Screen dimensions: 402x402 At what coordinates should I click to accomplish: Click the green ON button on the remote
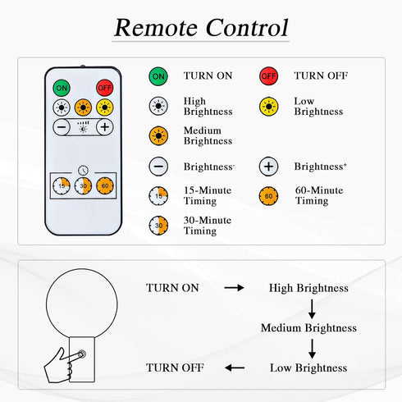(x=62, y=88)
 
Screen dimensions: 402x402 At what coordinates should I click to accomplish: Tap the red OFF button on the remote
(x=105, y=88)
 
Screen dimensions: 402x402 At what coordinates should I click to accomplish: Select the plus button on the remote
(x=105, y=127)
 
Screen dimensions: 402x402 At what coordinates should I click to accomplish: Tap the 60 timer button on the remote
(x=105, y=185)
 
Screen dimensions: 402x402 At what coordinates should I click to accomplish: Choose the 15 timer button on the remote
(x=62, y=185)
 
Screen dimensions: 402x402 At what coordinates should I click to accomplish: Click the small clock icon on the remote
(x=83, y=170)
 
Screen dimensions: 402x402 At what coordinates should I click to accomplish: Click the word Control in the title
(x=247, y=28)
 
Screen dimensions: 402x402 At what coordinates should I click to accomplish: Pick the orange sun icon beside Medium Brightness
(x=158, y=135)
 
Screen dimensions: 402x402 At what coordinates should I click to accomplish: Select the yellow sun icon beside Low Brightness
(x=268, y=107)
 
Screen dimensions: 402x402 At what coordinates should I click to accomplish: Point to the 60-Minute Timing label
(x=319, y=195)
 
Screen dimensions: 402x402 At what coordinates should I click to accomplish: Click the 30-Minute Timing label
(x=208, y=226)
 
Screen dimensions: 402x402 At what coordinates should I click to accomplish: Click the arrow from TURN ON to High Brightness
(x=234, y=288)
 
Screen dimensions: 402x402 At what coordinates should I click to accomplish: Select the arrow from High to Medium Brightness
(x=312, y=308)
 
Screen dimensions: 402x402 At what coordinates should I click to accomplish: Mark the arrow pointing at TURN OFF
(x=235, y=368)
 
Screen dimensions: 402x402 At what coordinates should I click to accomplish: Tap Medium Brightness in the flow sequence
(x=308, y=328)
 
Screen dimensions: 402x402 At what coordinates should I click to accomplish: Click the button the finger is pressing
(x=81, y=354)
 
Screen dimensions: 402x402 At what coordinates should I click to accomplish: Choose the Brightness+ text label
(x=321, y=167)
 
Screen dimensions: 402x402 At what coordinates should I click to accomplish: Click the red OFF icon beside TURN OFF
(x=268, y=76)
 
